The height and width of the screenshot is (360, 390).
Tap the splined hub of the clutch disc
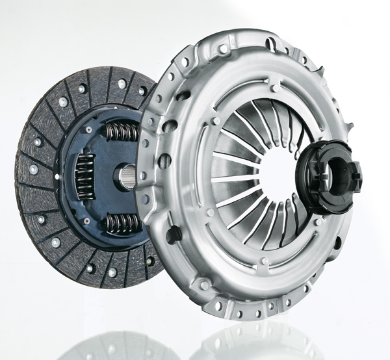pyautogui.click(x=127, y=177)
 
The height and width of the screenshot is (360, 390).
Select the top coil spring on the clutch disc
pyautogui.click(x=121, y=132)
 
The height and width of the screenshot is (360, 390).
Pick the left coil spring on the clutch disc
pyautogui.click(x=84, y=175)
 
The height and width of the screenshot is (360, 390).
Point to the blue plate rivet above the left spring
pyautogui.click(x=88, y=130)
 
